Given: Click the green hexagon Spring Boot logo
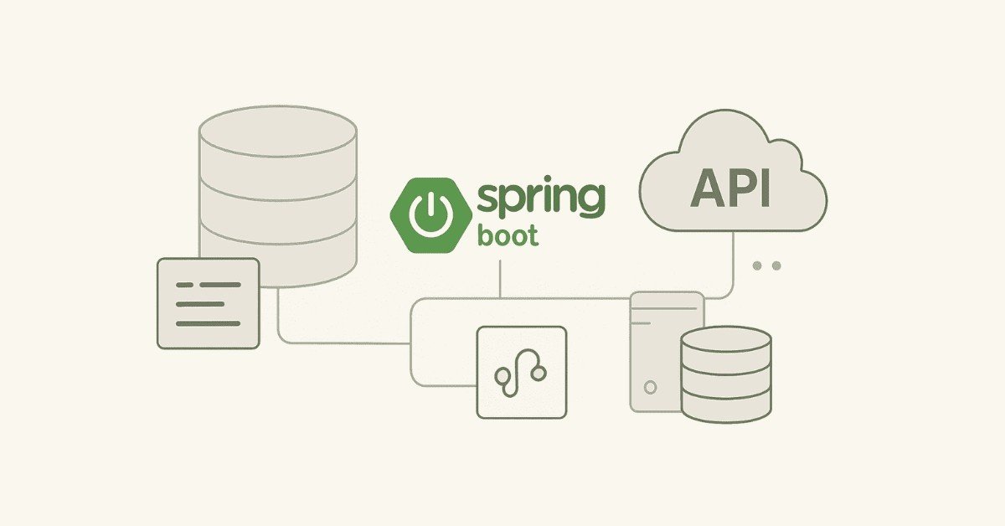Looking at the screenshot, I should [427, 214].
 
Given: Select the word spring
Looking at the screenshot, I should [539, 199].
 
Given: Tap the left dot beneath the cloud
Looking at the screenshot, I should [758, 266].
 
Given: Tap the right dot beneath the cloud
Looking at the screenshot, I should [776, 266].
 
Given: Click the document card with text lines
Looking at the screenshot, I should [208, 303].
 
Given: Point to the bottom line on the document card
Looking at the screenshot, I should [208, 323].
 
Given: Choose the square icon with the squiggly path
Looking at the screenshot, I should [521, 371].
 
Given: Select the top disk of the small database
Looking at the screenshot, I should [725, 339].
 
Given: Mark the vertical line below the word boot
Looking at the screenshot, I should [500, 278].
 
